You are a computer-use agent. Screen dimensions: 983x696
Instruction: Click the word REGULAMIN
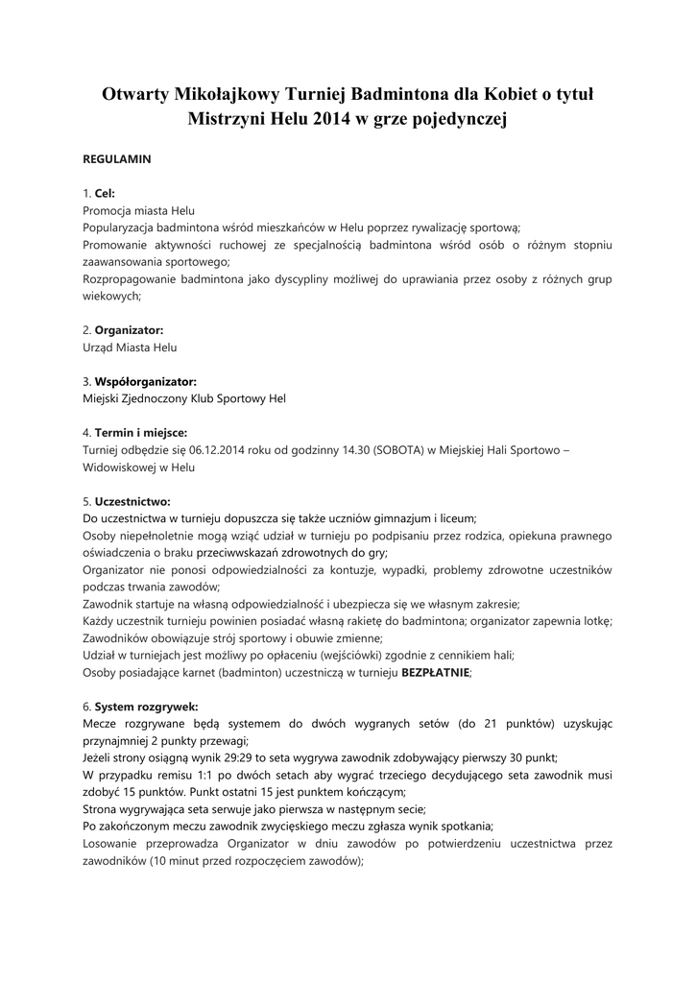click(116, 159)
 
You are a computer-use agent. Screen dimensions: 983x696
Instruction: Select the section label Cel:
click(105, 193)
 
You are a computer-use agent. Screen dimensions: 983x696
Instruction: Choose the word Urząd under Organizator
click(99, 348)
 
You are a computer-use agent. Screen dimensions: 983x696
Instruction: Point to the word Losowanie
click(112, 845)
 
